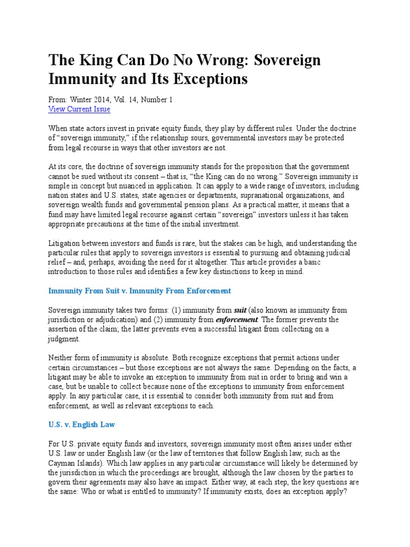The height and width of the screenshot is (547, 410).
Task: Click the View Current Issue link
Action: (x=79, y=109)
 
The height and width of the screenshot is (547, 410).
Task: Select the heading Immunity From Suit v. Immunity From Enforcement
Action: (x=140, y=291)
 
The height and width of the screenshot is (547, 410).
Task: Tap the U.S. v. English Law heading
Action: (x=82, y=425)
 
